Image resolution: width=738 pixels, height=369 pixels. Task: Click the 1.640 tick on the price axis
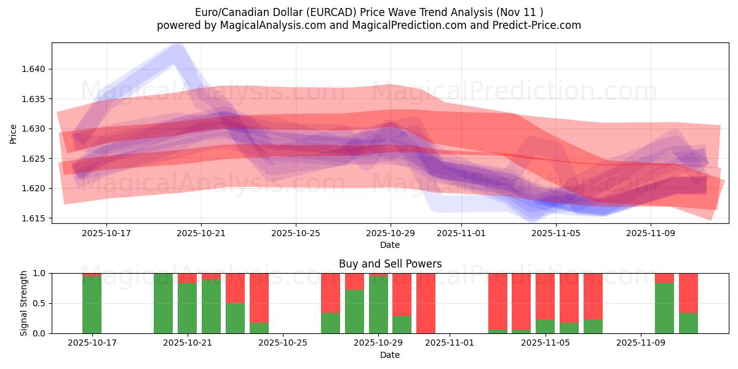[x=35, y=69]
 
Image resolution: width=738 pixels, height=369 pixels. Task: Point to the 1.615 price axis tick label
[x=35, y=218]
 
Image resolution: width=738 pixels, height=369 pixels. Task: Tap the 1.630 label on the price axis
[x=35, y=129]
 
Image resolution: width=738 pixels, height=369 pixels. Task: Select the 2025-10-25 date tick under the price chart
[x=296, y=234]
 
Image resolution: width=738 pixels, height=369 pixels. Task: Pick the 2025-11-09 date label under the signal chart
[x=641, y=344]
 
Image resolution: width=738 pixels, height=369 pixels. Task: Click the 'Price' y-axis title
[x=14, y=133]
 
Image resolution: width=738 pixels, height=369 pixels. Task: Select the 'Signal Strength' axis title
[x=24, y=303]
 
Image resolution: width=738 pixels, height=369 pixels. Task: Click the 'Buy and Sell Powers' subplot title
[x=390, y=264]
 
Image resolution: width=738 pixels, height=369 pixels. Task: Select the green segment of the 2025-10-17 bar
[x=92, y=305]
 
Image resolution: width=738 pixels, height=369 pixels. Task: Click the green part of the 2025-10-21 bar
[x=187, y=308]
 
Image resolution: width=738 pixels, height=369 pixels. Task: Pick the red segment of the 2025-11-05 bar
[x=545, y=296]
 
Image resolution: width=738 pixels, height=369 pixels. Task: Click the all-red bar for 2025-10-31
[x=426, y=303]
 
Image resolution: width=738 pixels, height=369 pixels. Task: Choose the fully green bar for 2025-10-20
[x=164, y=303]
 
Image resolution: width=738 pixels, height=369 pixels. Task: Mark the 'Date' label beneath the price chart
[x=390, y=245]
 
